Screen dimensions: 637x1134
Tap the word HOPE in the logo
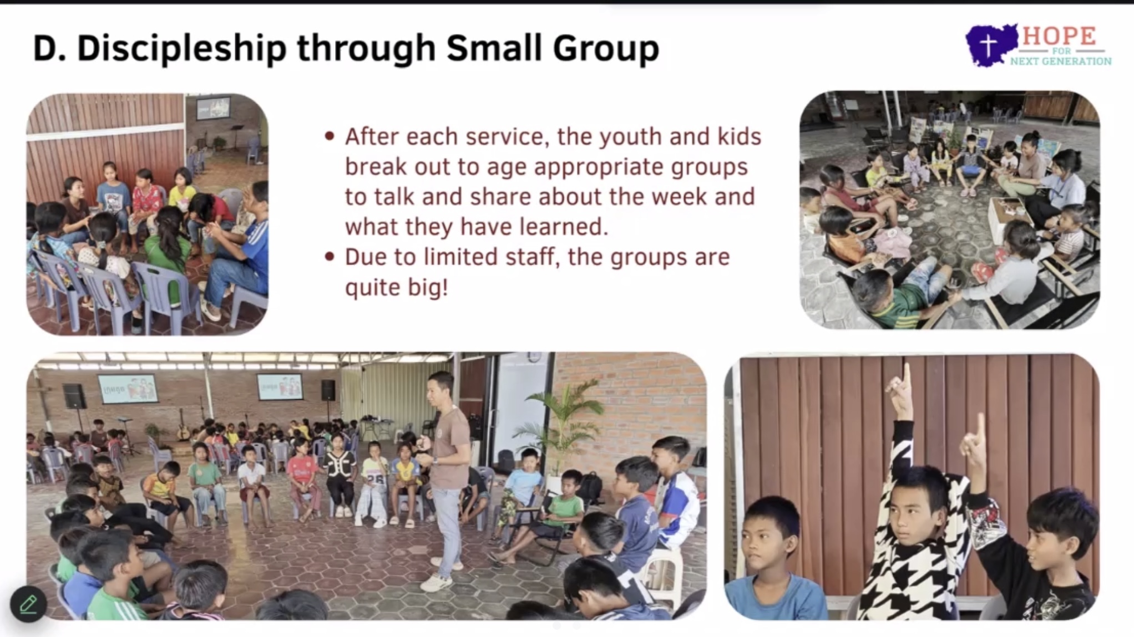[x=1059, y=37]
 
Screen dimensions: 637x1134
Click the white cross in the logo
[x=988, y=44]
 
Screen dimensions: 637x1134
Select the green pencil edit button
[x=28, y=604]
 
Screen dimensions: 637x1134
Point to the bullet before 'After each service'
[x=330, y=136]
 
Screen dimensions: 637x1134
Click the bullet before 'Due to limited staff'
[x=330, y=257]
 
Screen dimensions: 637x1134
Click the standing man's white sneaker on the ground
[x=437, y=583]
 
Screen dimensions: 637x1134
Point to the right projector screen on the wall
[x=280, y=386]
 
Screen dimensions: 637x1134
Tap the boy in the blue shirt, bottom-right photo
[x=771, y=560]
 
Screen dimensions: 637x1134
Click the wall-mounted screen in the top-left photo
[x=213, y=107]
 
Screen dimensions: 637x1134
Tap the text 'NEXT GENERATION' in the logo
[x=1060, y=62]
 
